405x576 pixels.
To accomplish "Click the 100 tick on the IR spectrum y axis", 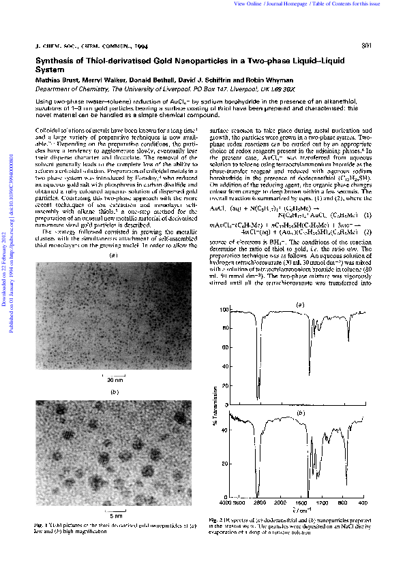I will pos(222,310).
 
